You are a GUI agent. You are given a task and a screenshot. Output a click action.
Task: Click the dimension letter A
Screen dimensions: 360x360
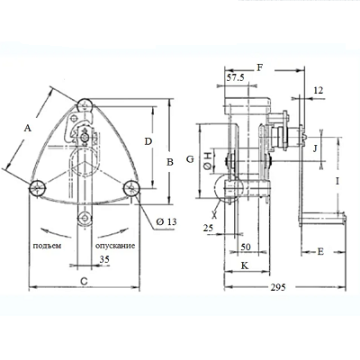coord(28,129)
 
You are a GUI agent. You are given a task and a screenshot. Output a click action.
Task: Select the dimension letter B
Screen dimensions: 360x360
coord(170,162)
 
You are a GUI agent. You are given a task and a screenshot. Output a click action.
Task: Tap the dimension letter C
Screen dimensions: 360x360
coord(85,281)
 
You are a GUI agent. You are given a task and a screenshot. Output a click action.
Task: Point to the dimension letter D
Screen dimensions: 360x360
coord(148,141)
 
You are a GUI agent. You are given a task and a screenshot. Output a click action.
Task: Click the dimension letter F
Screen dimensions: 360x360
coord(260,67)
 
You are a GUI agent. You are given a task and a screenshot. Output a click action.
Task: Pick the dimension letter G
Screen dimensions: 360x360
coord(190,159)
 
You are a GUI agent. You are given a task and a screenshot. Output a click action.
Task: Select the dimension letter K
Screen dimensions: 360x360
coord(245,265)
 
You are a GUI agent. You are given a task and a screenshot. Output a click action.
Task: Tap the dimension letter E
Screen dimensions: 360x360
coord(320,251)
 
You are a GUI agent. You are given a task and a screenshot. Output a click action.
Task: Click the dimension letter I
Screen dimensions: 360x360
coord(337,181)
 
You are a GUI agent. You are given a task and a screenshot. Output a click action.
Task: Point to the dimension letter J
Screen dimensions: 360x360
coord(315,148)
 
